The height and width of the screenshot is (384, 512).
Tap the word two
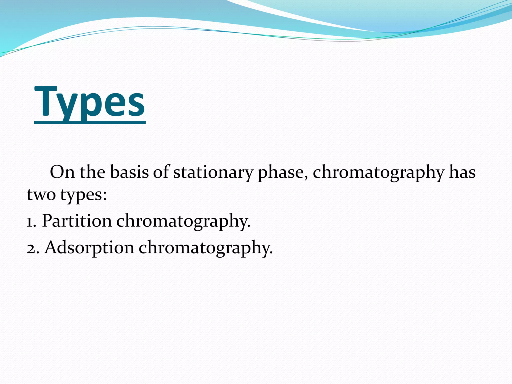coord(41,194)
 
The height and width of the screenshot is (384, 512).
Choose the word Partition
coord(77,221)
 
